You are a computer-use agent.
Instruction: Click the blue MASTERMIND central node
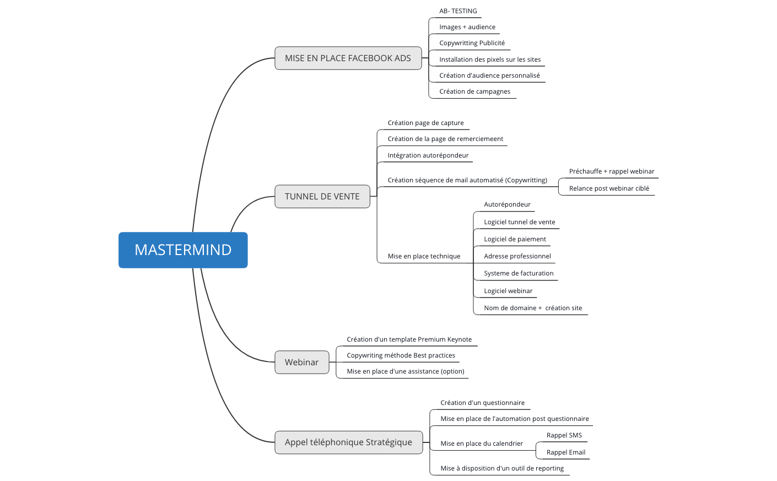[183, 250]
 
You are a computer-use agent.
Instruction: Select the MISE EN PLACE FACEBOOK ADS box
[348, 58]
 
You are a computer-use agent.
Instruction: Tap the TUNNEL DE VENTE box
[322, 197]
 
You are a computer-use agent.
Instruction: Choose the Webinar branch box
[301, 363]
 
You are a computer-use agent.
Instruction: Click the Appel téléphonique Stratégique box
[348, 442]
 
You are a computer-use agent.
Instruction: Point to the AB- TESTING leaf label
[458, 11]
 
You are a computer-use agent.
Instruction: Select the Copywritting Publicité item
[472, 43]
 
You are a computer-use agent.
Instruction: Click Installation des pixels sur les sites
[490, 60]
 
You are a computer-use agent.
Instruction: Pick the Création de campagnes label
[474, 91]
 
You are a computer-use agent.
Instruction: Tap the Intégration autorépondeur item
[428, 155]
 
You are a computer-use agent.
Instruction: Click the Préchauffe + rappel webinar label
[612, 171]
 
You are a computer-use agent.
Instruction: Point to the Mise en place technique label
[424, 256]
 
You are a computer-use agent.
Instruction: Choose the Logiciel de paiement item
[515, 239]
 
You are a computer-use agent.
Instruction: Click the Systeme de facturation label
[519, 273]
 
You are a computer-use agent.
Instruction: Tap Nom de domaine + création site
[533, 308]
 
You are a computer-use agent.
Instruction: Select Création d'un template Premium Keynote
[409, 339]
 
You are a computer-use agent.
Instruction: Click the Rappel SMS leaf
[564, 435]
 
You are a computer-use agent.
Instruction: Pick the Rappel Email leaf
[565, 452]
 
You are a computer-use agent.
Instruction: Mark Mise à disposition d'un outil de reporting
[502, 468]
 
